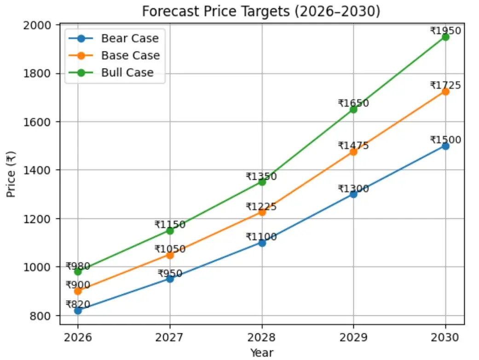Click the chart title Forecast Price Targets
[261, 11]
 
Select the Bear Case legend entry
[130, 39]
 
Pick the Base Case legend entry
[130, 56]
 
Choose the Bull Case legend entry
[127, 73]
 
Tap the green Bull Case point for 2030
[445, 37]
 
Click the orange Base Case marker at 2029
[353, 152]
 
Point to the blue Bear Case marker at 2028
[262, 243]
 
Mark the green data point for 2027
[170, 230]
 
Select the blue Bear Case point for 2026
[78, 310]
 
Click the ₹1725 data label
[445, 86]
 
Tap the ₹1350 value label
[261, 177]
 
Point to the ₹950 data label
[170, 274]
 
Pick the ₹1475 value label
[353, 146]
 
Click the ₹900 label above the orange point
[78, 285]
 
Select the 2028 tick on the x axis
[262, 338]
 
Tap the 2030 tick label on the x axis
[445, 338]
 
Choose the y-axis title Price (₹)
[12, 174]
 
